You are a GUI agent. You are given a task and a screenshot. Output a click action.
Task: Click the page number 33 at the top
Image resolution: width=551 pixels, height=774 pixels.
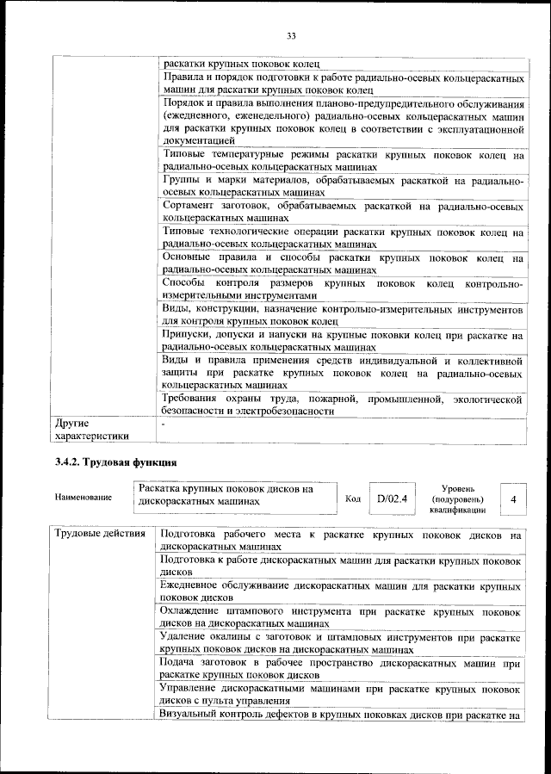[291, 35]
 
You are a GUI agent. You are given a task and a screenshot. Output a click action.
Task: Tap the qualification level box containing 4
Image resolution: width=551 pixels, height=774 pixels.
[513, 498]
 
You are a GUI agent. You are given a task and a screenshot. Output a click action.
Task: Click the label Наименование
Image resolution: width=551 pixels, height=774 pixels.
[83, 498]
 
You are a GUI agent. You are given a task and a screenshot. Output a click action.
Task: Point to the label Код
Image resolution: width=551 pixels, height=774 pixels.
[352, 498]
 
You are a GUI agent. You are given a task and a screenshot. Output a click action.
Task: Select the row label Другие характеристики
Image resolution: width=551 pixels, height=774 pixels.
[90, 429]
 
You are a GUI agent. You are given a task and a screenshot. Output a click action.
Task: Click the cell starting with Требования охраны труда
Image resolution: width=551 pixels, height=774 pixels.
[342, 405]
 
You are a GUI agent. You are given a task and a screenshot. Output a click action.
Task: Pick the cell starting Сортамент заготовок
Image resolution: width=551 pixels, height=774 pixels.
[342, 213]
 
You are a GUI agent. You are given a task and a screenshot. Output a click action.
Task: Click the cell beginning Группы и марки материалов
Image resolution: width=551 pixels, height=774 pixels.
[342, 186]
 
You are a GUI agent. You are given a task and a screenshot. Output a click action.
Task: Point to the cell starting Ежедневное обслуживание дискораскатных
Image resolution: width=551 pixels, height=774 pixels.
[342, 591]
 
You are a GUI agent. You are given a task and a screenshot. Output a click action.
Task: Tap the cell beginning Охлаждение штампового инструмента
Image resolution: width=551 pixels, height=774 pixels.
[342, 616]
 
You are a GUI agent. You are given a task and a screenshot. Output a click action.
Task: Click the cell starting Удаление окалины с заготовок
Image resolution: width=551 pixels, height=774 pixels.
[342, 643]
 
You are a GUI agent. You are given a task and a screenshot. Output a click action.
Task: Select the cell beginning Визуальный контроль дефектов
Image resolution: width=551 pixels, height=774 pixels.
[342, 715]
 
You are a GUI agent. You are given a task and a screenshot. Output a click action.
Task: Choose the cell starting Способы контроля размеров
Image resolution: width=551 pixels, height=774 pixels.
[342, 288]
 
